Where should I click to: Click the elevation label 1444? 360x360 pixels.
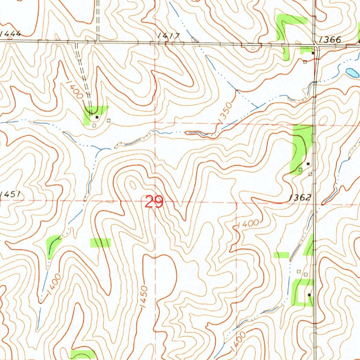point(10,34)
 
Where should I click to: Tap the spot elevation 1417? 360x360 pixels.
point(169,36)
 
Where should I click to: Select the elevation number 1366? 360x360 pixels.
point(330,40)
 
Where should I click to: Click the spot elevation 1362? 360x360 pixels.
point(300,198)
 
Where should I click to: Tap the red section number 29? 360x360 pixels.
point(154,202)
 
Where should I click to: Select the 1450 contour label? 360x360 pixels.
point(145,297)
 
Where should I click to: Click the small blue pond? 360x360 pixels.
point(352,73)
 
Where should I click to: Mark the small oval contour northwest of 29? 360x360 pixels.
point(134,184)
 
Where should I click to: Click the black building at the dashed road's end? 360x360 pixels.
point(97,117)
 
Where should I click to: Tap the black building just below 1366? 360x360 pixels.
point(313,53)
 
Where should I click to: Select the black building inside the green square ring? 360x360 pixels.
point(309,294)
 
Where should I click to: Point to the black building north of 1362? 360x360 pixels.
point(308,163)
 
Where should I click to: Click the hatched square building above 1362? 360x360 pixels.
point(310,174)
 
